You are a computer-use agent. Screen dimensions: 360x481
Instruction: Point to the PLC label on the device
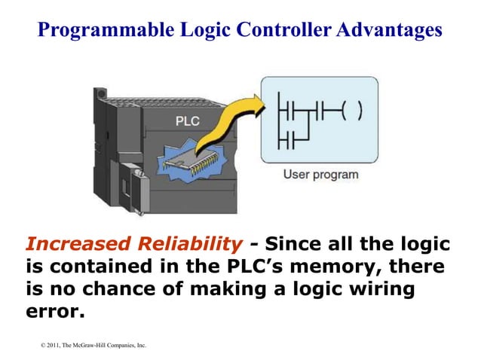pyautogui.click(x=188, y=121)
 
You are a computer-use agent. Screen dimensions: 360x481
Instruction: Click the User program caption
pyautogui.click(x=320, y=175)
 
